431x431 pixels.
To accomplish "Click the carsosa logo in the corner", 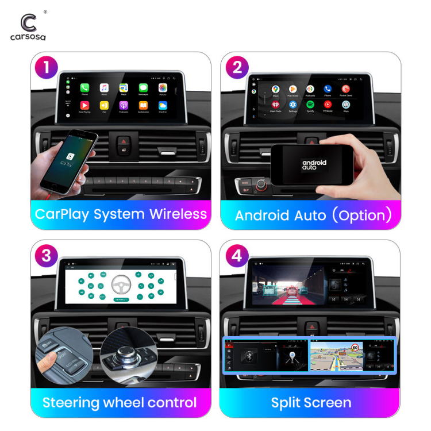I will pyautogui.click(x=28, y=26).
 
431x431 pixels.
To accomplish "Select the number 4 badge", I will pyautogui.click(x=237, y=256).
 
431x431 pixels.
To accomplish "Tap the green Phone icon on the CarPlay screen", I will pyautogui.click(x=85, y=88).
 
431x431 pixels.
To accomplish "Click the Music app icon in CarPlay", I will pyautogui.click(x=104, y=88).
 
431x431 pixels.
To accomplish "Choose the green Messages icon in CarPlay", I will pyautogui.click(x=143, y=88).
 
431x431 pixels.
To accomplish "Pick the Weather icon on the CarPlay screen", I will pyautogui.click(x=163, y=106).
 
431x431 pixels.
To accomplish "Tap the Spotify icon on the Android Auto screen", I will pyautogui.click(x=310, y=105).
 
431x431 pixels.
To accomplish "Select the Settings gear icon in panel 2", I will pyautogui.click(x=293, y=105).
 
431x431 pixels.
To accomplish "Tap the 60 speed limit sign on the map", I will pyautogui.click(x=355, y=347).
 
